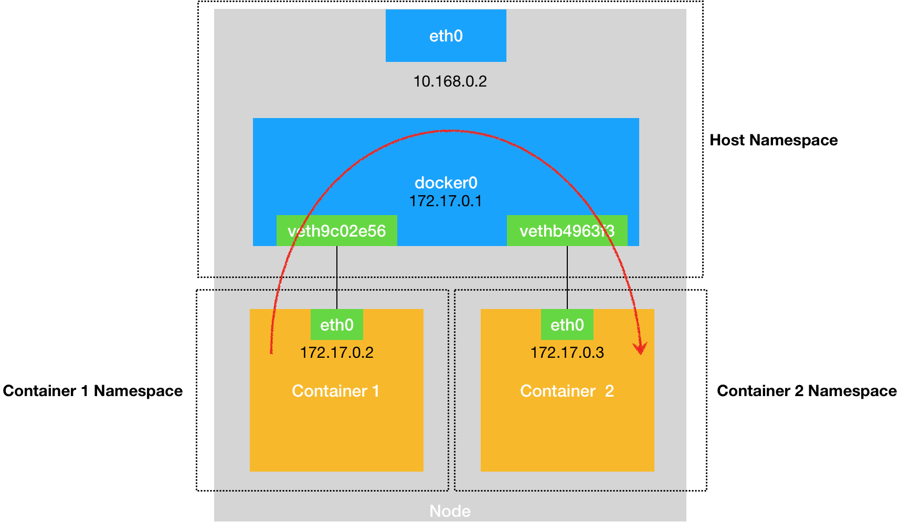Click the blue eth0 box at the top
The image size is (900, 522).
coord(446,36)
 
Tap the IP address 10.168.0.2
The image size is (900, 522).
coord(450,81)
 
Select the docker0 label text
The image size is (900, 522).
coord(446,183)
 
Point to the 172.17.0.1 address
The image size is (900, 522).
coord(446,201)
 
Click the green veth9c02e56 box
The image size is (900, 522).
coord(336,231)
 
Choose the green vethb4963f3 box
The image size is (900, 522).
coord(567,231)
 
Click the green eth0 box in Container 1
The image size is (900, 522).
coord(336,325)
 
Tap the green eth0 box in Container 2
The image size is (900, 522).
coord(567,325)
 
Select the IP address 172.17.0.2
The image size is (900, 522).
coord(336,352)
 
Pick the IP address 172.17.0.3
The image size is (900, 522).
coord(567,352)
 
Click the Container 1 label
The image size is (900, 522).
coord(335,391)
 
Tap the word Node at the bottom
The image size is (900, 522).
coord(450,511)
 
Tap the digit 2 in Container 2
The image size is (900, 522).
coord(609,391)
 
